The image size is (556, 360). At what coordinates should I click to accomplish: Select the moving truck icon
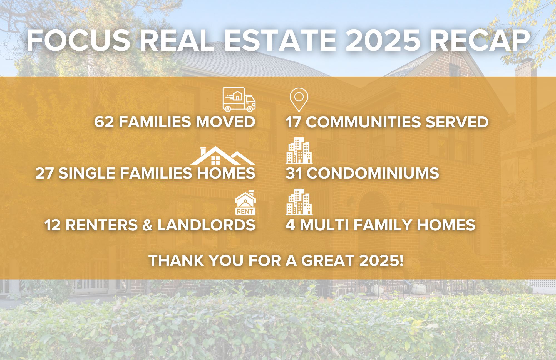tap(239, 99)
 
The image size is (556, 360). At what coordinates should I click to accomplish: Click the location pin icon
tap(299, 100)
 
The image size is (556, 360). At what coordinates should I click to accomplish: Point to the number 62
tap(104, 122)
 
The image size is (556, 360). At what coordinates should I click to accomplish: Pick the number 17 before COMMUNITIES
tap(293, 122)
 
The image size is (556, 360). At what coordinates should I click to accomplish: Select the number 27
tap(44, 173)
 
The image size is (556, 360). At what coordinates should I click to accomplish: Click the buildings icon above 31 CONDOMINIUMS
tap(299, 150)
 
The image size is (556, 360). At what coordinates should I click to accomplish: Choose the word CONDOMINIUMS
tap(373, 173)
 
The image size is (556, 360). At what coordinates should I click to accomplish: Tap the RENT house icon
tap(245, 203)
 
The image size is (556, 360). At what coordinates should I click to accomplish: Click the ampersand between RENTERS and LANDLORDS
tap(147, 225)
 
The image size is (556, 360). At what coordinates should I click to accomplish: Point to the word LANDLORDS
tap(206, 225)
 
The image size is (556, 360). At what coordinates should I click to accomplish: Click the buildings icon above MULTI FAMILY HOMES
tap(299, 202)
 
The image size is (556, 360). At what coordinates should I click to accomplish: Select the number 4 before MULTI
tap(291, 225)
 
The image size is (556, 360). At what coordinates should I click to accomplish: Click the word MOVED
tap(225, 122)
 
